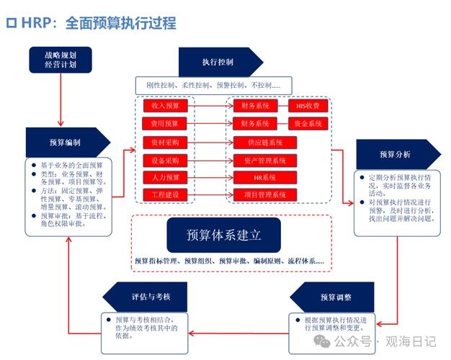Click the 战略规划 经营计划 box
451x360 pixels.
pyautogui.click(x=61, y=59)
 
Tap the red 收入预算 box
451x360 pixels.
pyautogui.click(x=165, y=106)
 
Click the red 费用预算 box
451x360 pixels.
pyautogui.click(x=165, y=124)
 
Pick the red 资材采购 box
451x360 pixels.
pyautogui.click(x=165, y=142)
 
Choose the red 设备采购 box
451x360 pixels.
pyautogui.click(x=165, y=160)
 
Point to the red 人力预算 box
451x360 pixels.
pyautogui.click(x=165, y=177)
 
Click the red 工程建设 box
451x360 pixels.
pyautogui.click(x=165, y=195)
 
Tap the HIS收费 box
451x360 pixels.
pyautogui.click(x=308, y=106)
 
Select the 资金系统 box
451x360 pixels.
pyautogui.click(x=308, y=124)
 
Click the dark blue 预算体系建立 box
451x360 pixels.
pyautogui.click(x=224, y=235)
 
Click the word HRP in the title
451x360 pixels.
pyautogui.click(x=37, y=22)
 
